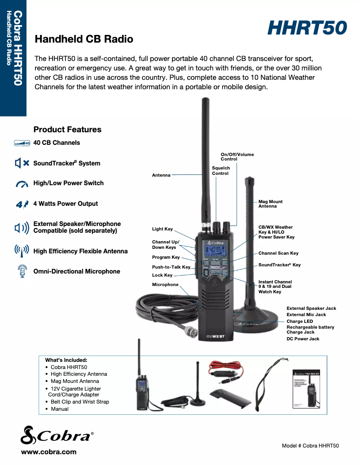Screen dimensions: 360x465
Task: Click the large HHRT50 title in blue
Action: (x=307, y=28)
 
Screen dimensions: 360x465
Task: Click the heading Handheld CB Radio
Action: (x=84, y=39)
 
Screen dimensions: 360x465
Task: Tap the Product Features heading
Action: (x=67, y=130)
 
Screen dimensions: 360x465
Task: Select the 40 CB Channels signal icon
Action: (x=22, y=143)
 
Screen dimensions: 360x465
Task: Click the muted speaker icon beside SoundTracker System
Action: (x=22, y=163)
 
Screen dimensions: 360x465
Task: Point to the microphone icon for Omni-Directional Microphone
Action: (x=22, y=271)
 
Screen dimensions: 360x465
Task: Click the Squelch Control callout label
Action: (x=221, y=170)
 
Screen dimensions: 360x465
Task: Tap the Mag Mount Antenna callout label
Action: (x=270, y=204)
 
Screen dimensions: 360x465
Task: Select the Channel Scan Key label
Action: (x=278, y=253)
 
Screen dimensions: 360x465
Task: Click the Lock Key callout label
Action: (x=162, y=275)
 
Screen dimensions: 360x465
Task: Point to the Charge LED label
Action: (x=300, y=322)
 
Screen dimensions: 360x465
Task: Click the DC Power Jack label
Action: (x=303, y=339)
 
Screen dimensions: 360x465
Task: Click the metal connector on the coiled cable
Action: (x=190, y=331)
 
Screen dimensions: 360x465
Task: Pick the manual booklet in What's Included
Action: (x=306, y=389)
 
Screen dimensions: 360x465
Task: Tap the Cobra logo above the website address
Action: (x=57, y=435)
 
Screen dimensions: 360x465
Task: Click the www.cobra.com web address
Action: (x=48, y=452)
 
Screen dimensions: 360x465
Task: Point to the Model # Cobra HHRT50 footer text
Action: (x=311, y=446)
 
